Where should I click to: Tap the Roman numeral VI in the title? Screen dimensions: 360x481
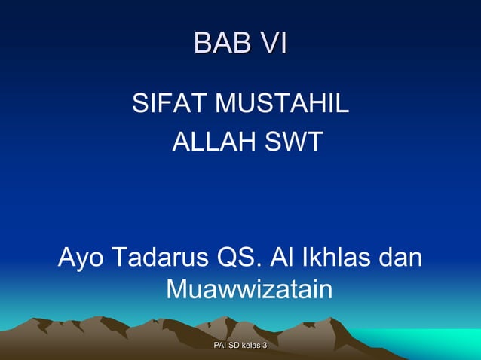(270, 43)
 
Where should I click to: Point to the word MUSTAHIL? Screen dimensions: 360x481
(282, 102)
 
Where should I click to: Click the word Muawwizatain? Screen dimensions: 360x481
(248, 288)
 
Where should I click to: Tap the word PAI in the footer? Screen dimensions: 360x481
(221, 345)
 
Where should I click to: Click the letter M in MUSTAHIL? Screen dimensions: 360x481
(226, 102)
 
